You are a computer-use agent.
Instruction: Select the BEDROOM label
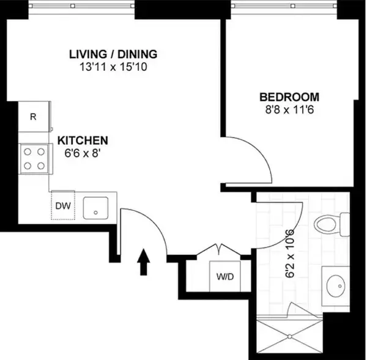coord(289,97)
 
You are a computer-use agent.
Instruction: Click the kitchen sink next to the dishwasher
coord(95,207)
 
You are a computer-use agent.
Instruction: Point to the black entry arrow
coord(144,261)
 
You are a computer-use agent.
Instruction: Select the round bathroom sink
coord(335,285)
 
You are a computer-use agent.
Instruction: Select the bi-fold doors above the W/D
coord(217,252)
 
